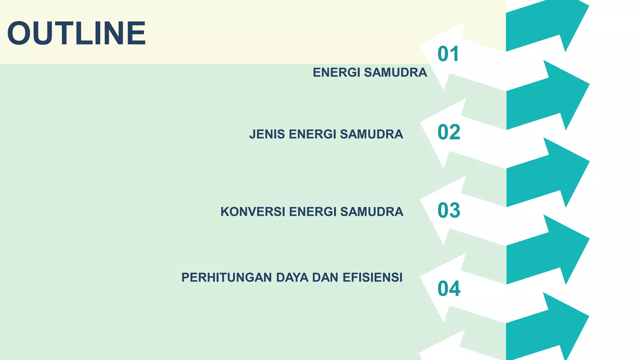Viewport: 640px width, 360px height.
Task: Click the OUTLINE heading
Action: (x=77, y=33)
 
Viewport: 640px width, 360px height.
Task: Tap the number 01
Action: (x=448, y=54)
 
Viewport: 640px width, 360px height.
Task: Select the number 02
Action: (x=449, y=132)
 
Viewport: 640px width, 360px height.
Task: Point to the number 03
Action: (x=449, y=210)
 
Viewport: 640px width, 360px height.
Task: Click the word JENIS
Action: (x=267, y=134)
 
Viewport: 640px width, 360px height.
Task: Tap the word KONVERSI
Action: (x=252, y=212)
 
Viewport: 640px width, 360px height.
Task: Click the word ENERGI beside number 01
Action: (x=336, y=72)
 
